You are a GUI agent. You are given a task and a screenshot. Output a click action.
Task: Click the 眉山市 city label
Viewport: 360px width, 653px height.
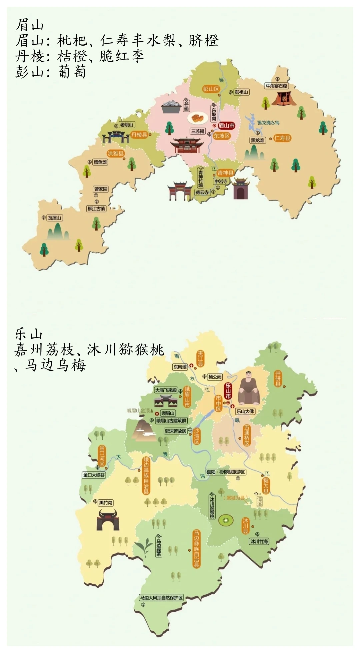click(226, 126)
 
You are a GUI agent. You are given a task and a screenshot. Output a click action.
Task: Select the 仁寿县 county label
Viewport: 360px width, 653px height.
click(282, 138)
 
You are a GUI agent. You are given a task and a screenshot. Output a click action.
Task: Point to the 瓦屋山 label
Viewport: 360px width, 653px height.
click(55, 218)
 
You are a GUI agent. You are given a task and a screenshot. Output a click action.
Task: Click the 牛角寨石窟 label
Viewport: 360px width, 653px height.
click(276, 86)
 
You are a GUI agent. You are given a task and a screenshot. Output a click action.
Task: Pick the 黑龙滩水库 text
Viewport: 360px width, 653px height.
click(268, 123)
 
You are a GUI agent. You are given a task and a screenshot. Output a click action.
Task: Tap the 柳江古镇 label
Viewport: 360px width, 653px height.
click(96, 209)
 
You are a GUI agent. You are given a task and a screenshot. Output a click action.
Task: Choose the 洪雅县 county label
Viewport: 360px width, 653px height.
click(115, 153)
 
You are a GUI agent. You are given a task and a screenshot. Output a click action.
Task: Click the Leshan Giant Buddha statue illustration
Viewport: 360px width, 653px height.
click(249, 388)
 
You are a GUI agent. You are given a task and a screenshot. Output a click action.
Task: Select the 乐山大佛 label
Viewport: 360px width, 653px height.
click(245, 411)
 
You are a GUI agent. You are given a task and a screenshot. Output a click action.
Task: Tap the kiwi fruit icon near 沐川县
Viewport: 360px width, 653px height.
click(226, 520)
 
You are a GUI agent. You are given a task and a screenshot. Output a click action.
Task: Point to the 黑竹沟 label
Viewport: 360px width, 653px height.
click(106, 503)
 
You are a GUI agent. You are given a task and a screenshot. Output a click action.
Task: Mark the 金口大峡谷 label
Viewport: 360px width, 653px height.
click(94, 475)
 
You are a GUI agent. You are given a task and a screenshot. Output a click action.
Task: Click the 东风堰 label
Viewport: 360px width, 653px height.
click(180, 367)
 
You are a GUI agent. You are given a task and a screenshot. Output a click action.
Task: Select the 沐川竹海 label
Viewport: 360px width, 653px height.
click(259, 541)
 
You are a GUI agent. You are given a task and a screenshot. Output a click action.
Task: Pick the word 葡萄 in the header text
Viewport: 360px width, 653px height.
click(72, 71)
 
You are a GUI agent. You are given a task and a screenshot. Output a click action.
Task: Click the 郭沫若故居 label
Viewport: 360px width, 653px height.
click(176, 431)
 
